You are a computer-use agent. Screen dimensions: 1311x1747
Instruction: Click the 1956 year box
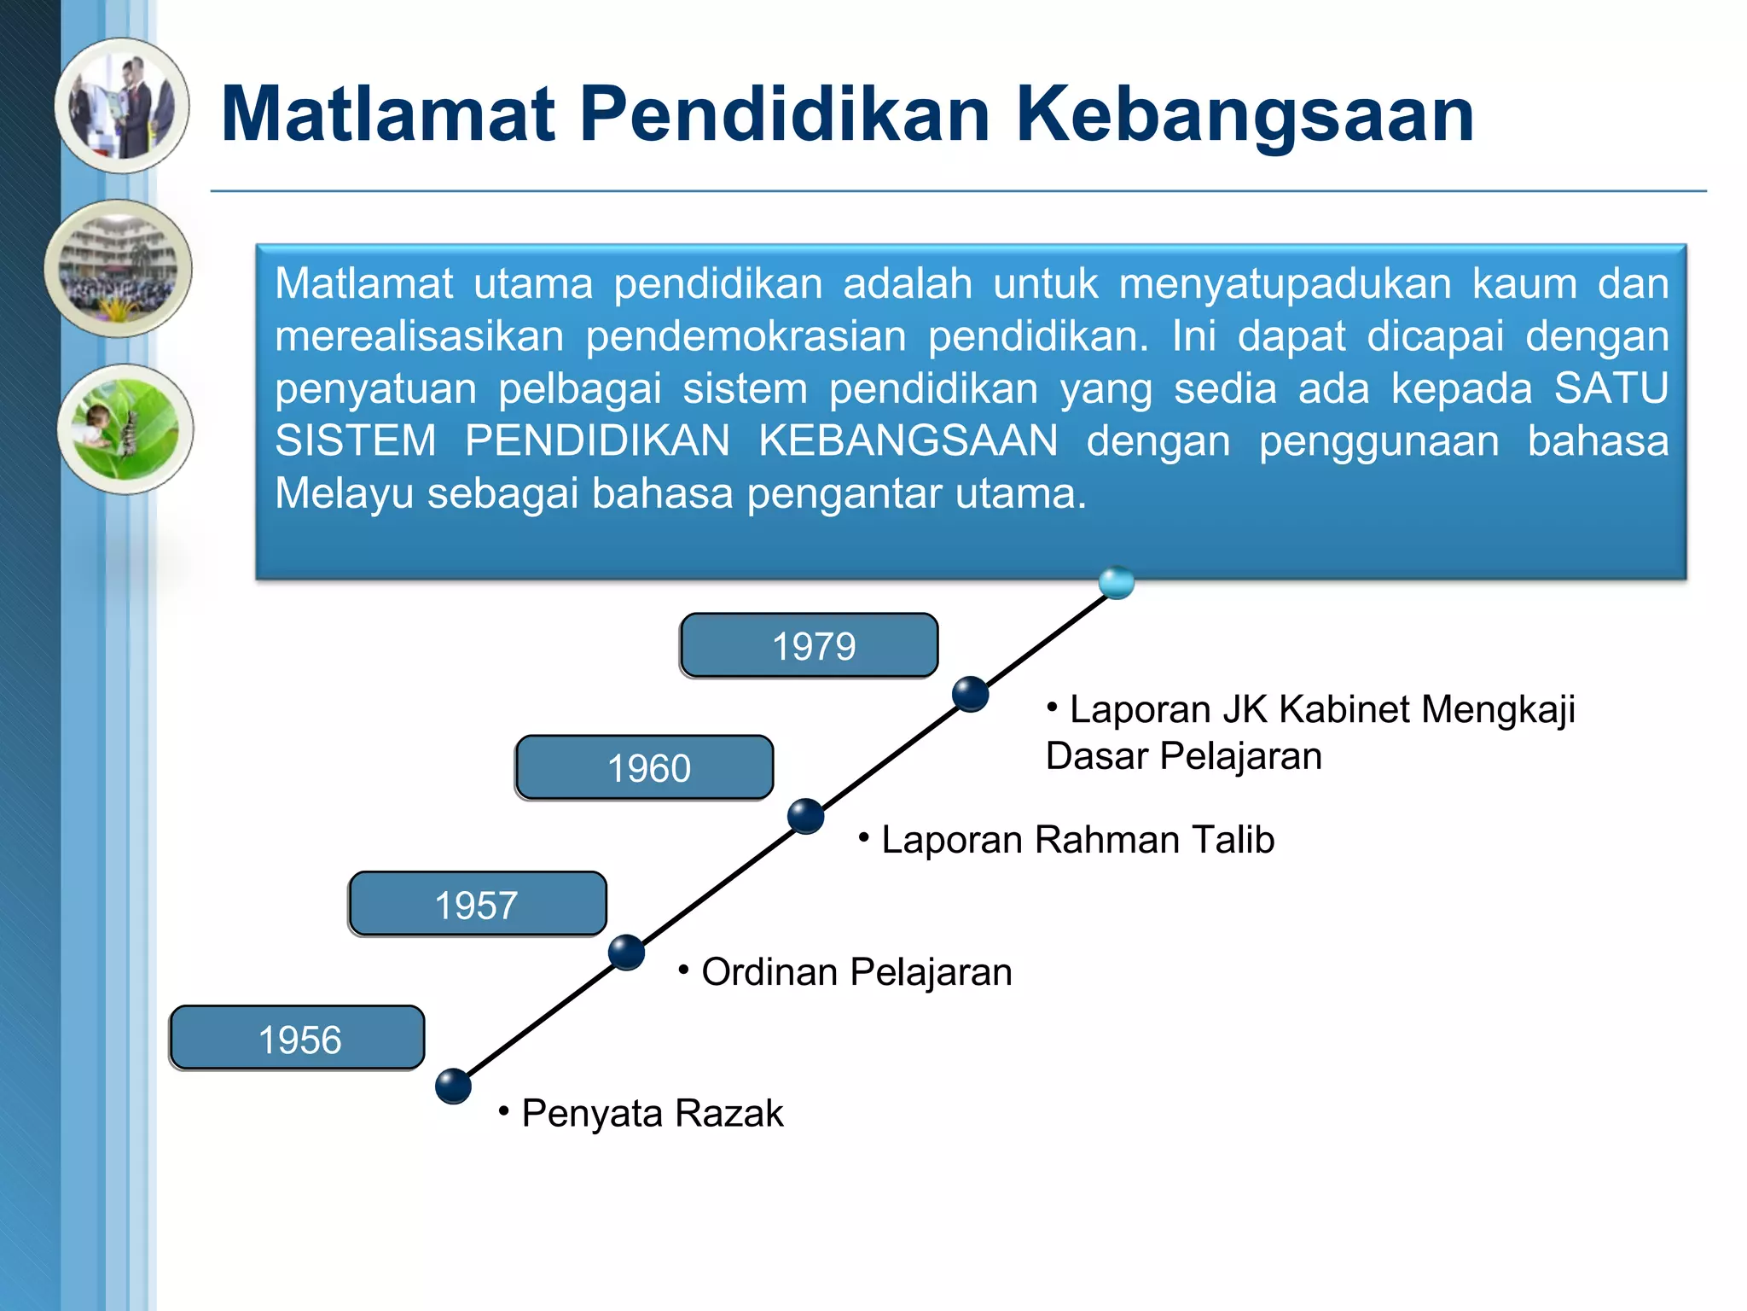point(298,1038)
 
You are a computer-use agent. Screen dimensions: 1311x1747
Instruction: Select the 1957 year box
point(478,904)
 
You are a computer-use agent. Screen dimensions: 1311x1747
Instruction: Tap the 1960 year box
point(645,767)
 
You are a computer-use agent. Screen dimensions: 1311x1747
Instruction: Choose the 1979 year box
point(810,645)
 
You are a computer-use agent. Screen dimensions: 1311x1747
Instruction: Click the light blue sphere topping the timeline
point(1117,582)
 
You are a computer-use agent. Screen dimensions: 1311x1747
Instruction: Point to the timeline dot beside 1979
point(970,693)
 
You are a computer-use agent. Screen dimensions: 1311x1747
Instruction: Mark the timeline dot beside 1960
point(805,816)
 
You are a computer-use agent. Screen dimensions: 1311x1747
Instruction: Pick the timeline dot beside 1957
point(627,952)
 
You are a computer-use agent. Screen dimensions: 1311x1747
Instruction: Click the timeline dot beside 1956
point(453,1086)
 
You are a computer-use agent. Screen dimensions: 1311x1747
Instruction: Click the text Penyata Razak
point(652,1113)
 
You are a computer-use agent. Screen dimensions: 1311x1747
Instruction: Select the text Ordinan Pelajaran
point(856,972)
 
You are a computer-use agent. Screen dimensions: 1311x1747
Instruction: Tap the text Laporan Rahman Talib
point(1077,840)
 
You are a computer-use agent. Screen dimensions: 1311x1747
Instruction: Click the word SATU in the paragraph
point(1611,388)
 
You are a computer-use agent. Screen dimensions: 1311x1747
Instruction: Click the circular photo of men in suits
point(122,106)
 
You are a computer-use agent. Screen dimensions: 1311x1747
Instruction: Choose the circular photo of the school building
point(119,269)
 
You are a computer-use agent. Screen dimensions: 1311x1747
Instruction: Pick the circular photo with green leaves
point(125,428)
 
